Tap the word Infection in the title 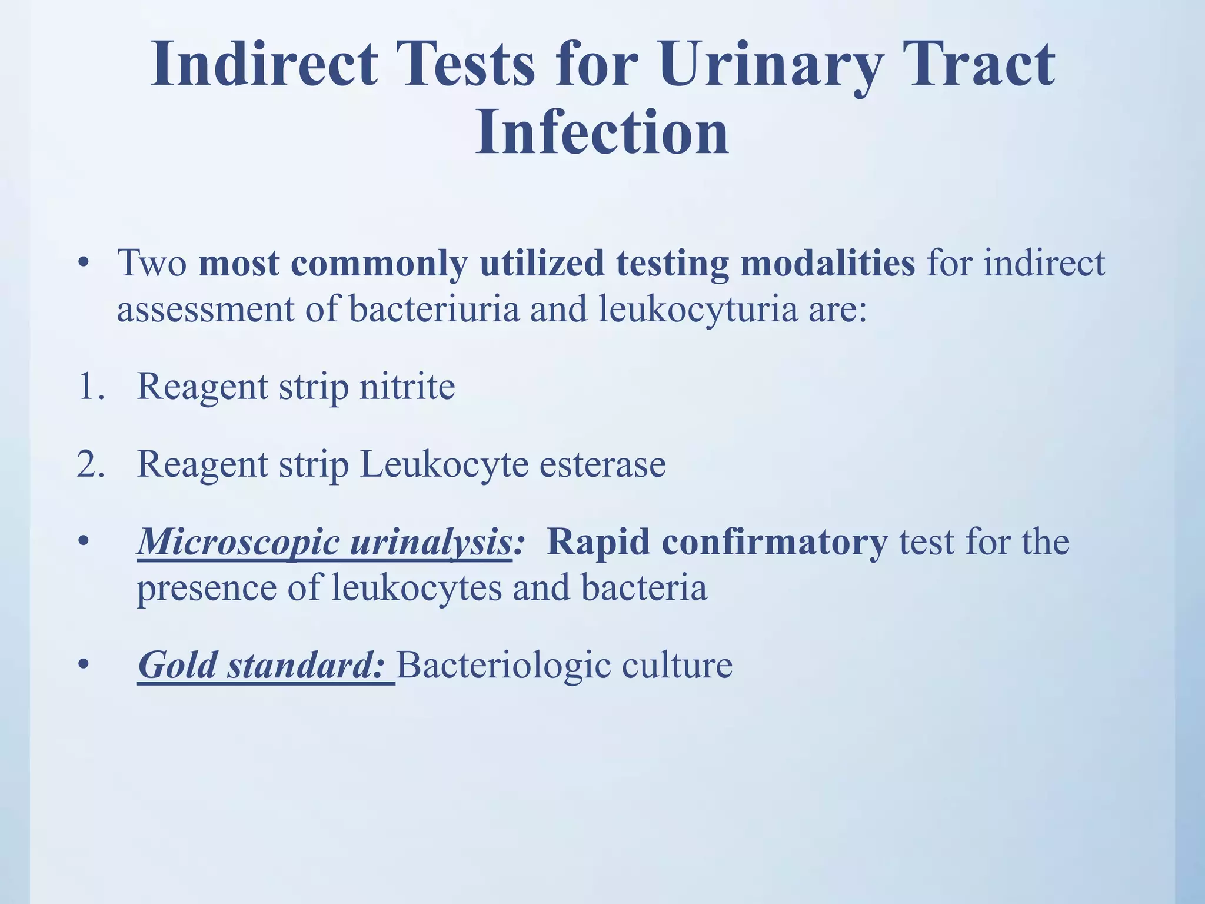pyautogui.click(x=602, y=134)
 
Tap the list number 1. pyautogui.click(x=90, y=387)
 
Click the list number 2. pyautogui.click(x=90, y=464)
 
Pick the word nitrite pyautogui.click(x=407, y=387)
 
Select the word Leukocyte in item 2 pyautogui.click(x=444, y=464)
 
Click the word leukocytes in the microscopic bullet pyautogui.click(x=417, y=587)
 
